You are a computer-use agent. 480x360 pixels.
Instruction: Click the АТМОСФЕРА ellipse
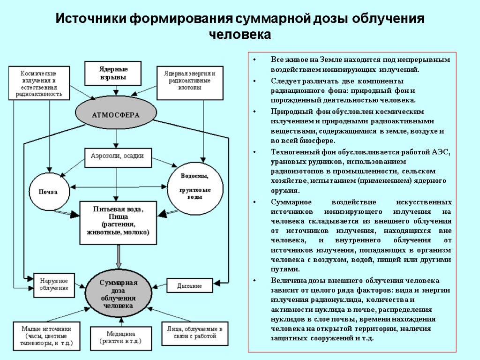115,114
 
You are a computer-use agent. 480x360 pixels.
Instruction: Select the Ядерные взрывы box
113,74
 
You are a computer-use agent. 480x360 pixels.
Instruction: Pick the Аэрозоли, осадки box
117,157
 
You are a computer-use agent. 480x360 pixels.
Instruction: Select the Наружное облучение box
54,284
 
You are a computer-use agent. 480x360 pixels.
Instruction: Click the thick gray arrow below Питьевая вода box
118,255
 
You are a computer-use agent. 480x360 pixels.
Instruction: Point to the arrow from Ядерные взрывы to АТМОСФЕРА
114,91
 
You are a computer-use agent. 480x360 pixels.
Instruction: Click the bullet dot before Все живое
254,60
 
